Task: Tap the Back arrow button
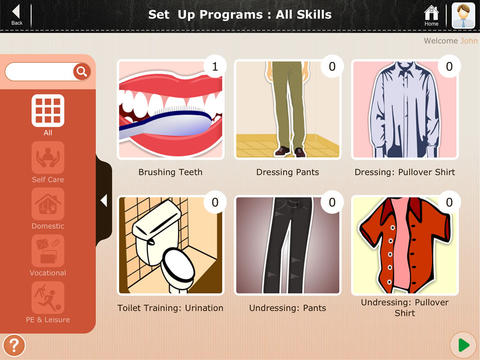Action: [16, 13]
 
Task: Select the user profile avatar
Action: [463, 15]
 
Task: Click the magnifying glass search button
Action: [82, 71]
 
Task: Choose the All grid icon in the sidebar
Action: [48, 111]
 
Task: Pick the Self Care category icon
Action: [48, 157]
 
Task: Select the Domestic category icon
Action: [48, 204]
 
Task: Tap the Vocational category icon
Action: [48, 251]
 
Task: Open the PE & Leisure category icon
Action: [48, 297]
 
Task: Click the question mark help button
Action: [14, 345]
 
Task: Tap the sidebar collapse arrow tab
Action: [104, 201]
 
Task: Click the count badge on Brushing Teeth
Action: [215, 67]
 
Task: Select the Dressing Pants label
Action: [288, 172]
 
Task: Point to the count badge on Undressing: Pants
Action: [332, 202]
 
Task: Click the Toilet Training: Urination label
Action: [170, 308]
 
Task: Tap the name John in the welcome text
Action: [469, 41]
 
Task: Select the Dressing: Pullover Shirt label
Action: [405, 172]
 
